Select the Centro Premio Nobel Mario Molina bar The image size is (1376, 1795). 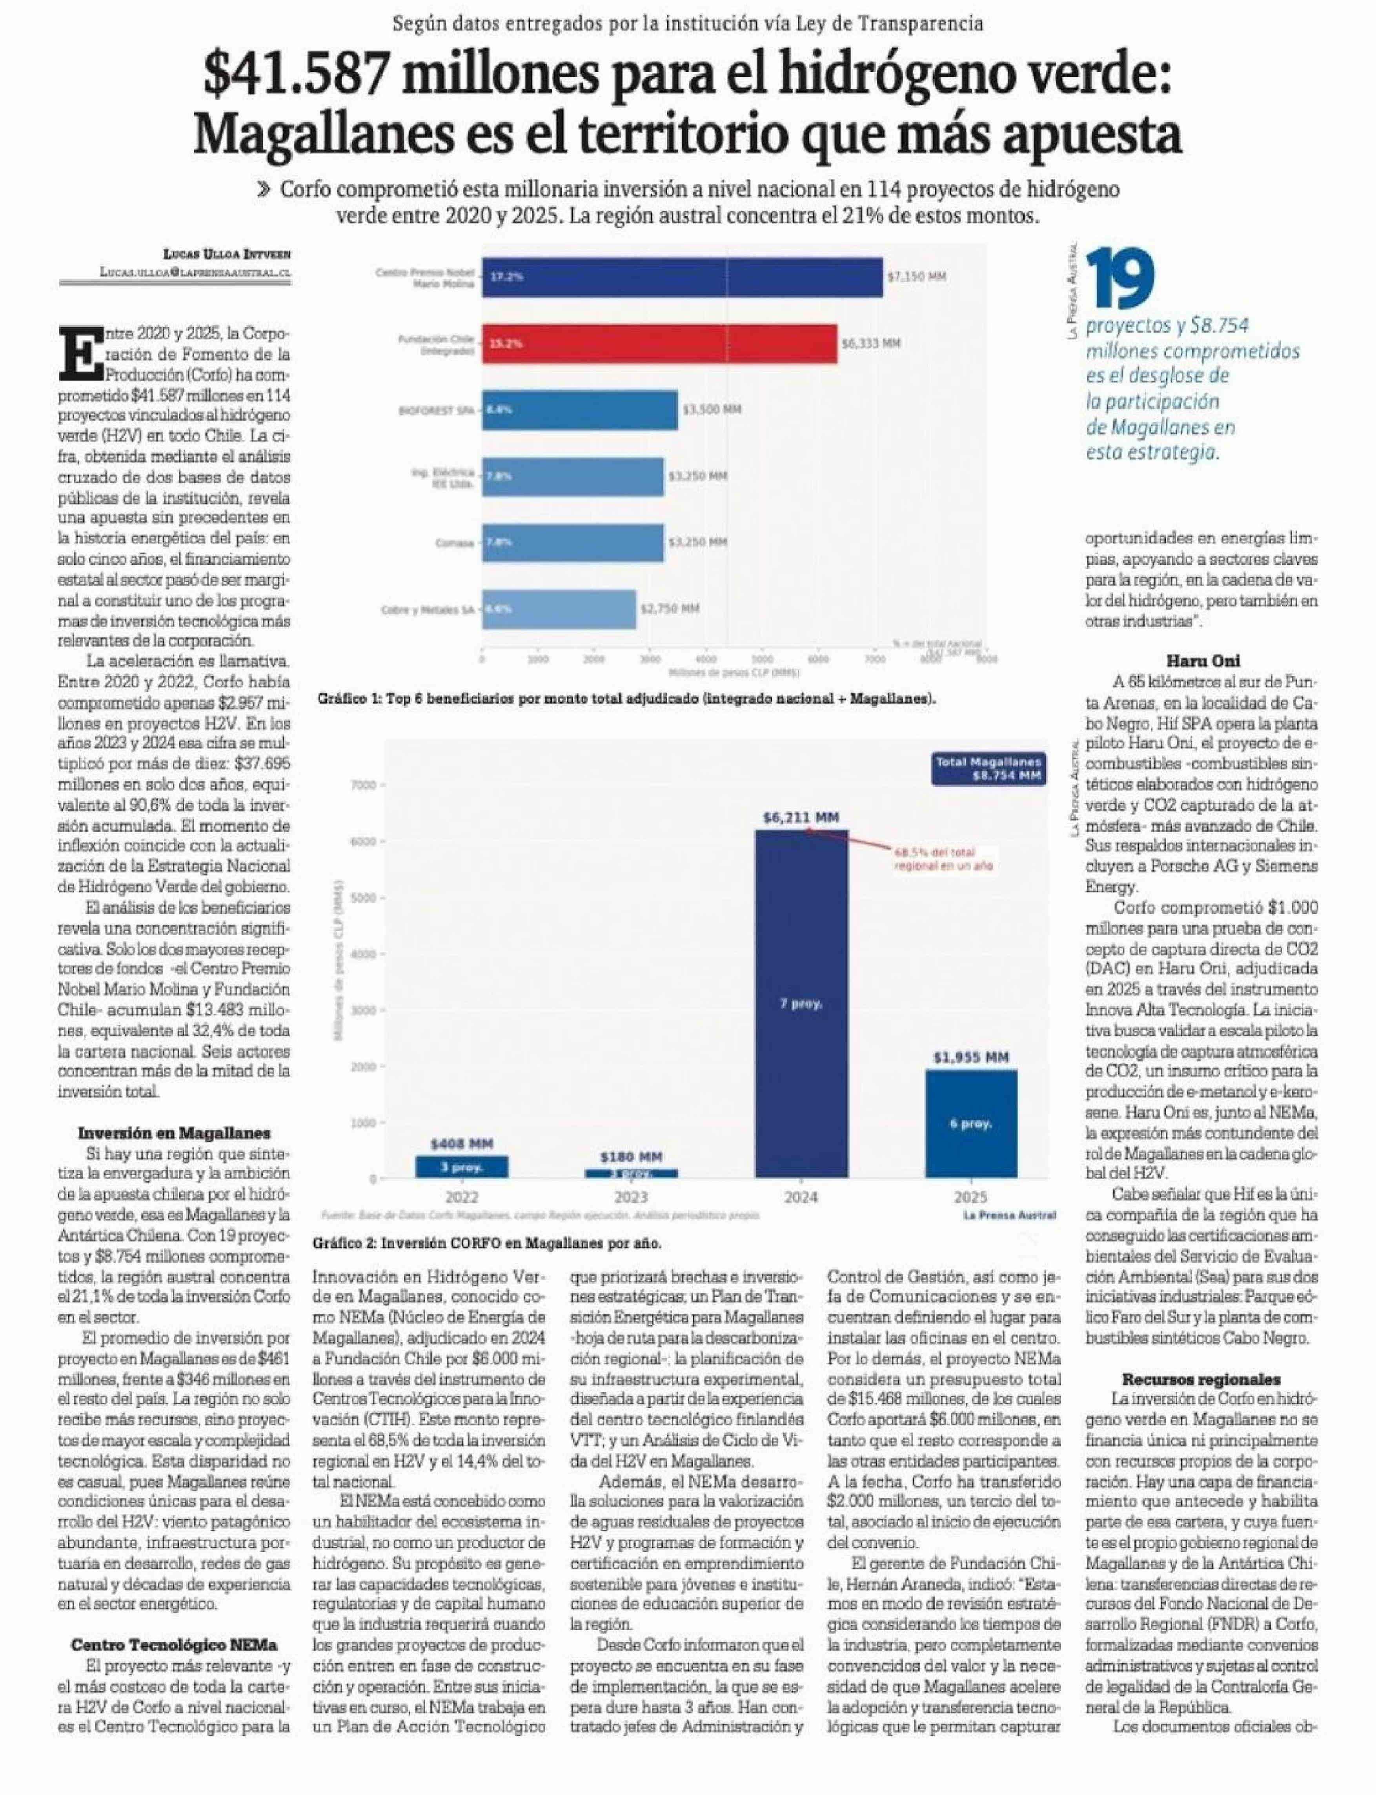coord(681,277)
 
